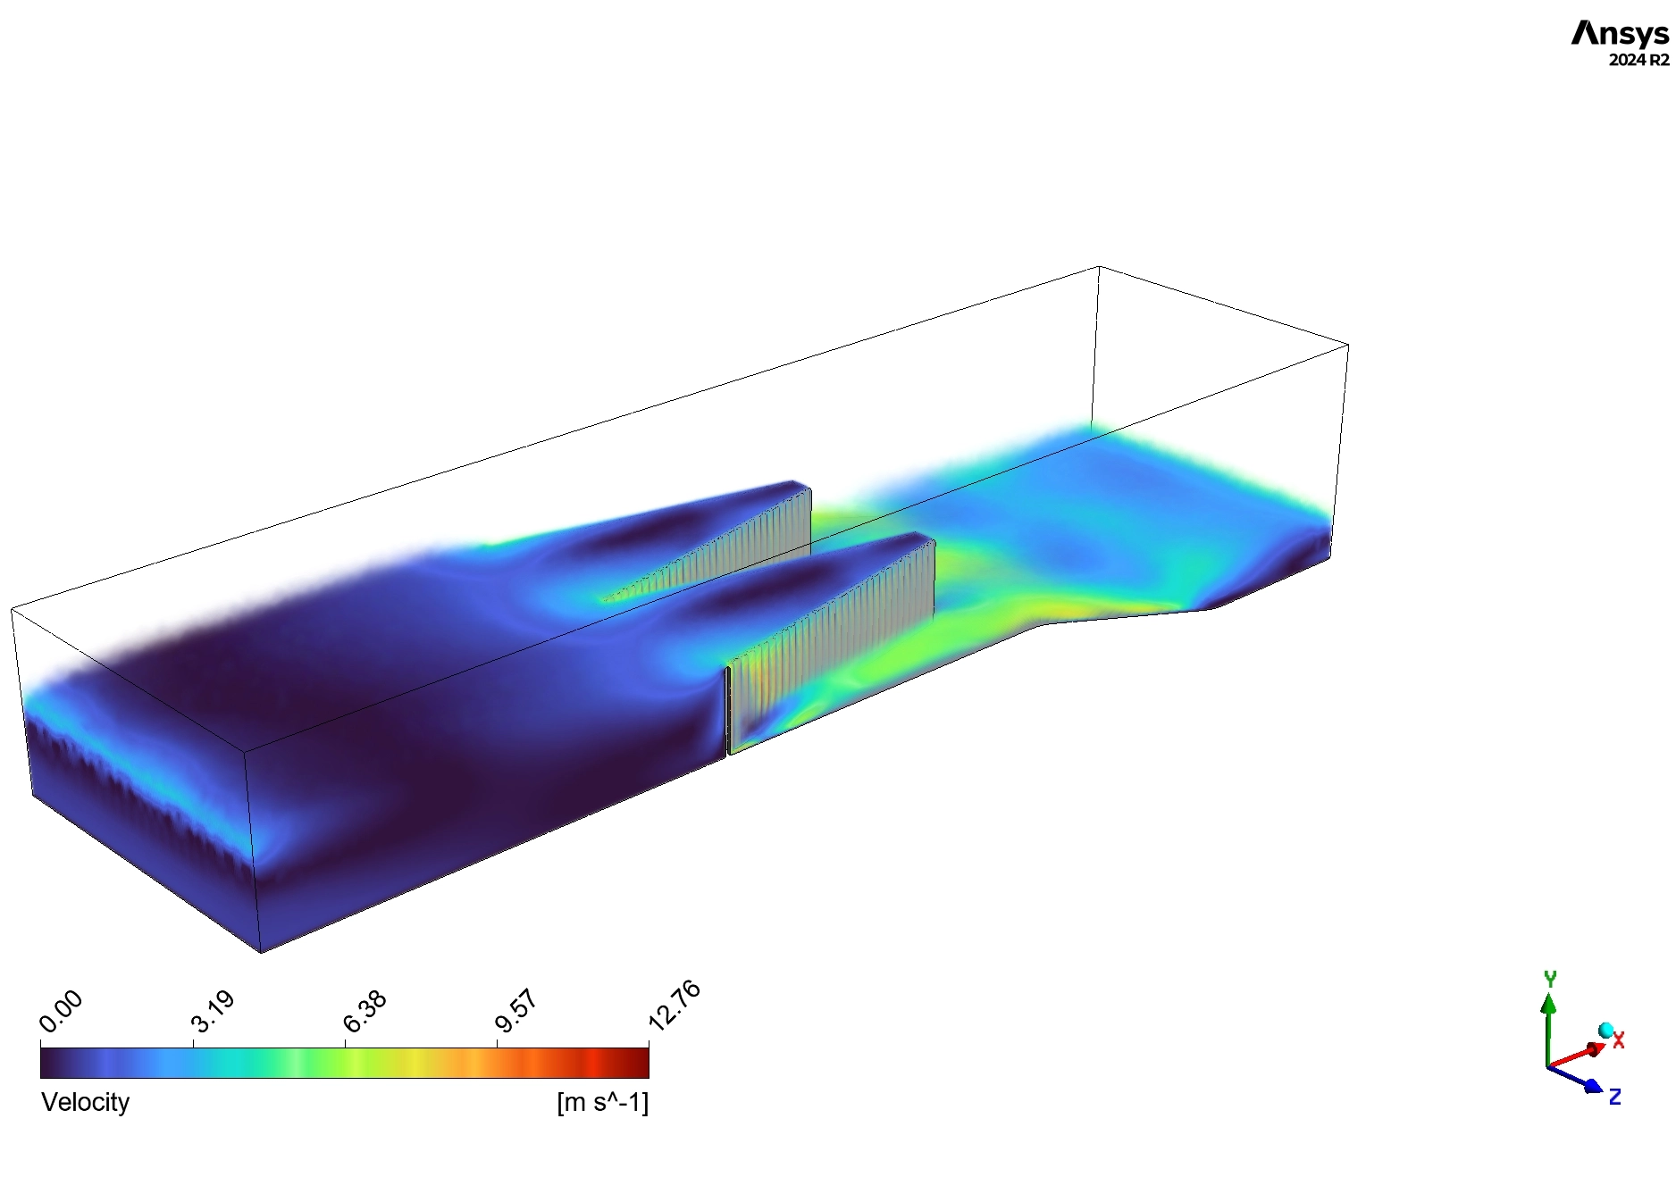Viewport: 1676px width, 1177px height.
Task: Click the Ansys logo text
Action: (1619, 34)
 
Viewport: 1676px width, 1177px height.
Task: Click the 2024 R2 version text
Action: (1638, 61)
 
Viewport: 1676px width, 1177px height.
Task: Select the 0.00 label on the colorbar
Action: (62, 1010)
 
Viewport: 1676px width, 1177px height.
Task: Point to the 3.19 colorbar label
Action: (214, 1011)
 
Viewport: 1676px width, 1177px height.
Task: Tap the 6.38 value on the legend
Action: (365, 1011)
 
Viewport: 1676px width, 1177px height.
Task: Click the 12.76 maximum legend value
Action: (675, 1006)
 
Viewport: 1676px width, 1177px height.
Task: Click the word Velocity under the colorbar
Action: (86, 1102)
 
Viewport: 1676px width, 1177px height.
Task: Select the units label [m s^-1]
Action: (602, 1102)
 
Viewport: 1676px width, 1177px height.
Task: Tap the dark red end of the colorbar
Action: (636, 1062)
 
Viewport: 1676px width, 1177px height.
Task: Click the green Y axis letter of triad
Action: (1550, 979)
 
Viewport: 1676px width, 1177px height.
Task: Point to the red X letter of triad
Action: (1618, 1040)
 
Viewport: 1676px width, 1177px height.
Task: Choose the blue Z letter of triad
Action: (1614, 1097)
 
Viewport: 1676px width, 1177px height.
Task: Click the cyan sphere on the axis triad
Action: (1605, 1031)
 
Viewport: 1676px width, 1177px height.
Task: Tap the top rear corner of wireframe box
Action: (1099, 266)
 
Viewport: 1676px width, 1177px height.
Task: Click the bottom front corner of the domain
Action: (261, 952)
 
